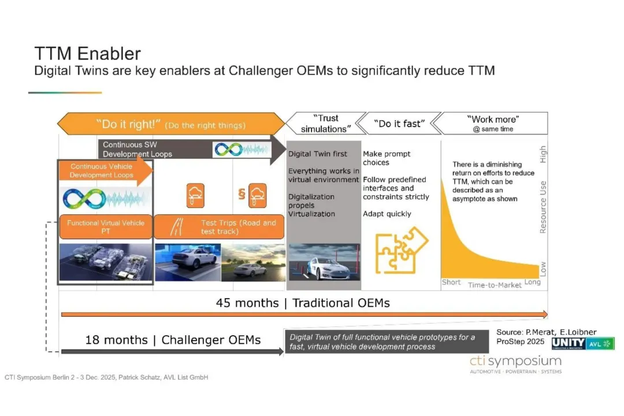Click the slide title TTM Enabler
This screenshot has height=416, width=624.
click(88, 53)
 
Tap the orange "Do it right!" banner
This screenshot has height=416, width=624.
click(171, 124)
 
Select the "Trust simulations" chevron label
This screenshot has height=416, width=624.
click(326, 124)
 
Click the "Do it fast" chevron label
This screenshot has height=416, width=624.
click(399, 124)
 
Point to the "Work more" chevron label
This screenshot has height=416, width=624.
click(492, 124)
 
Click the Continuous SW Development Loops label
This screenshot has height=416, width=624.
click(138, 149)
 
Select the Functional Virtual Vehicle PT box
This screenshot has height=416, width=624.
click(106, 227)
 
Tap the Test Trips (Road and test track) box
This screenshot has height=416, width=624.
click(219, 227)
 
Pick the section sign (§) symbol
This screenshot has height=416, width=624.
click(242, 194)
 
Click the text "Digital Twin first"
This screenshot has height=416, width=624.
click(318, 154)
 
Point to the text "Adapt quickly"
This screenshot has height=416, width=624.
click(387, 214)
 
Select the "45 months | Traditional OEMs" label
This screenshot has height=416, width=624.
click(303, 303)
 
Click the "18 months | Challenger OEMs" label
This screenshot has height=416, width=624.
click(173, 340)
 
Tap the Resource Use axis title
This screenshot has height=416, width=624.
click(543, 207)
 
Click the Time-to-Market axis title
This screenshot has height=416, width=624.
click(494, 285)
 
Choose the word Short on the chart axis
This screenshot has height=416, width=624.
click(451, 282)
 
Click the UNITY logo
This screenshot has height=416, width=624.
click(569, 344)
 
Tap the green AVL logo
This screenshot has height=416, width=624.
click(600, 344)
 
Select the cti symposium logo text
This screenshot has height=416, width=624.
click(516, 362)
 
